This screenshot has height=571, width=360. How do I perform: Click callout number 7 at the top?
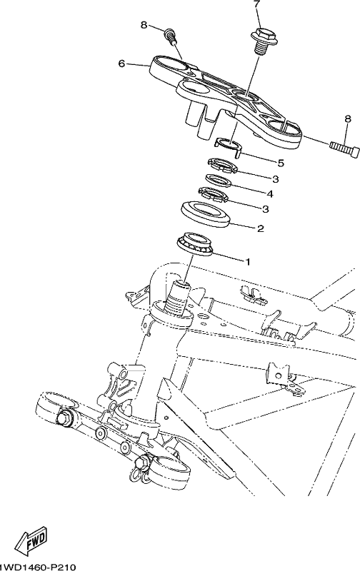(258, 5)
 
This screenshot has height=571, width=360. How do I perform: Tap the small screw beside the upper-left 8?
(170, 35)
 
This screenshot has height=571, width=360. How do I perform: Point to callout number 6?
(121, 64)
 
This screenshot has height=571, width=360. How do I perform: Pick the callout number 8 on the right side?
(348, 118)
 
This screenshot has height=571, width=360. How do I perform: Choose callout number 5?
(281, 163)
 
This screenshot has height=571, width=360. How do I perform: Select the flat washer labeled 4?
(218, 181)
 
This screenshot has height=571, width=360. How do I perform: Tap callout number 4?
(271, 193)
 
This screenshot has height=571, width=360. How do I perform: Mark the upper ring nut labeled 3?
(222, 166)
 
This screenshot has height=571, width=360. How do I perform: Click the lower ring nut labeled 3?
(213, 194)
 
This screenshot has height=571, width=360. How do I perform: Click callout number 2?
(261, 228)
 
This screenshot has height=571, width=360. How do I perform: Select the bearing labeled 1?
(195, 244)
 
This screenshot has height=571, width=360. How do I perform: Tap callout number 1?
(247, 262)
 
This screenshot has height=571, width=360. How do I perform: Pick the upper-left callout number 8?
(144, 25)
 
